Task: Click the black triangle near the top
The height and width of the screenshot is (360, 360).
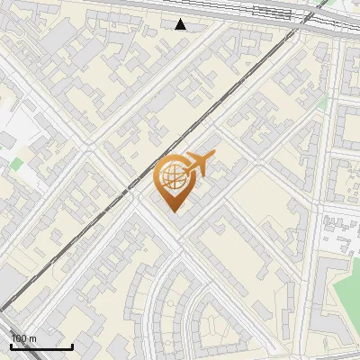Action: [181, 24]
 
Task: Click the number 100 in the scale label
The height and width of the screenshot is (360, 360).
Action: [18, 338]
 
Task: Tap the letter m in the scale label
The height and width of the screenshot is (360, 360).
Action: [32, 338]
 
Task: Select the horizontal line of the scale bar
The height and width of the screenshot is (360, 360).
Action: [41, 346]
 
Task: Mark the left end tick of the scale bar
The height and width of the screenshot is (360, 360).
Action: [10, 345]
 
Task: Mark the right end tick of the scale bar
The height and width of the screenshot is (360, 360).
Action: [73, 345]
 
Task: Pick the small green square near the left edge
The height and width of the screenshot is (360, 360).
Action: [16, 165]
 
